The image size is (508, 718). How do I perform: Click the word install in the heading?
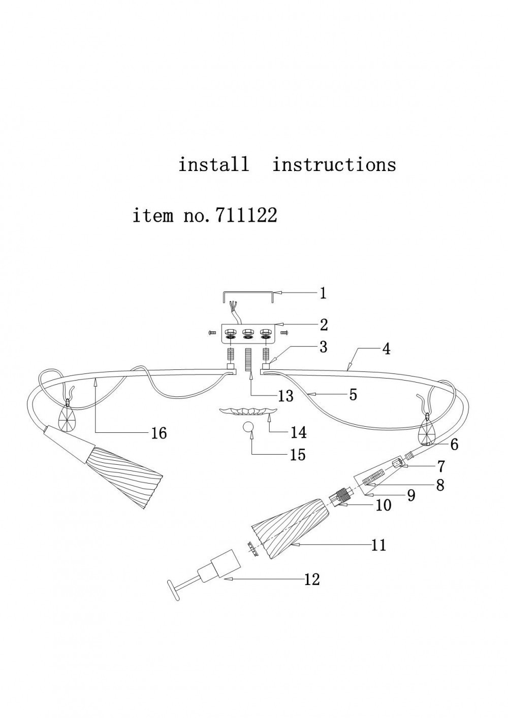click(213, 164)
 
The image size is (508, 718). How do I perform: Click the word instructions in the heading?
click(334, 164)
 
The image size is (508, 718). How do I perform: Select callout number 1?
click(323, 293)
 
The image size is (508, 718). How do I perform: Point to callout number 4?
click(387, 349)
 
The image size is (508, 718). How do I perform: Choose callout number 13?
click(286, 396)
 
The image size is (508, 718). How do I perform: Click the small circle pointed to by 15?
click(248, 427)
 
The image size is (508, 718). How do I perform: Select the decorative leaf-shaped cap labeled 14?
click(247, 411)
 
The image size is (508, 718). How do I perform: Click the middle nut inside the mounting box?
click(247, 332)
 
